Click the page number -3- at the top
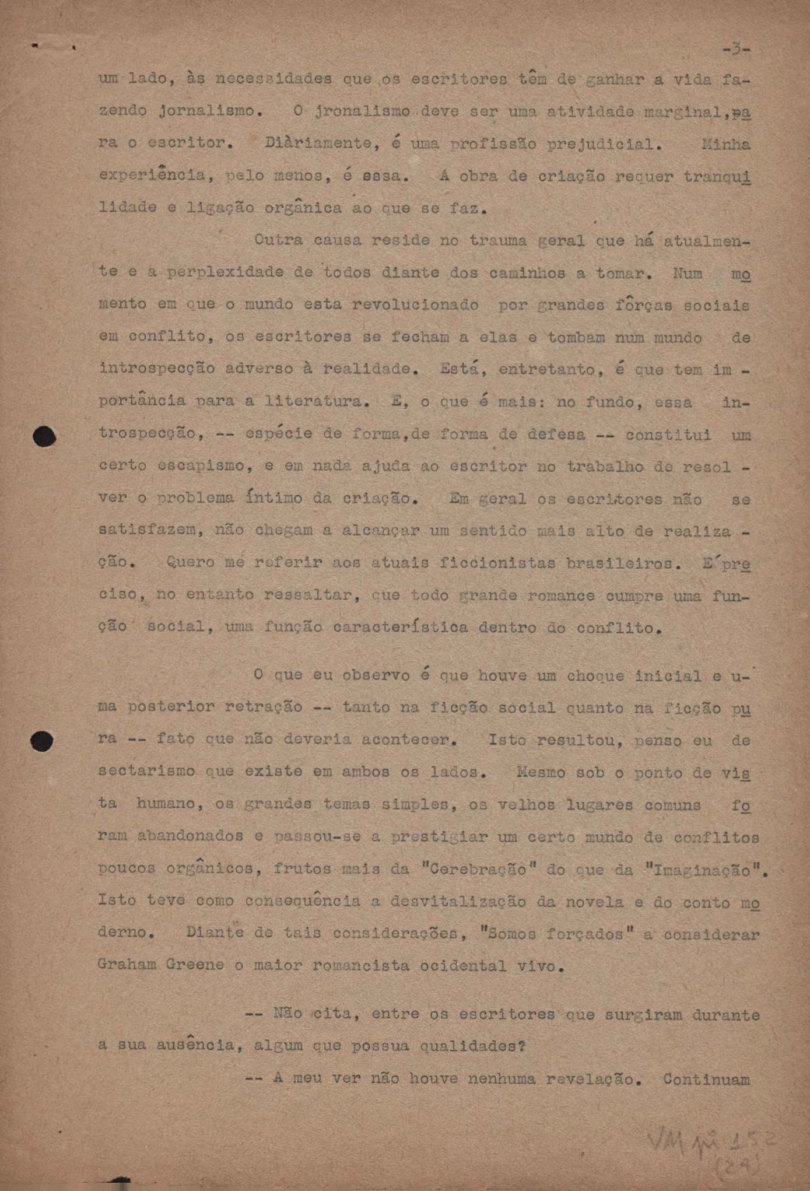coord(736,50)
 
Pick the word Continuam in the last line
coord(706,1079)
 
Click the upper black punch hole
coord(44,436)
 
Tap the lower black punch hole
coord(41,741)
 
